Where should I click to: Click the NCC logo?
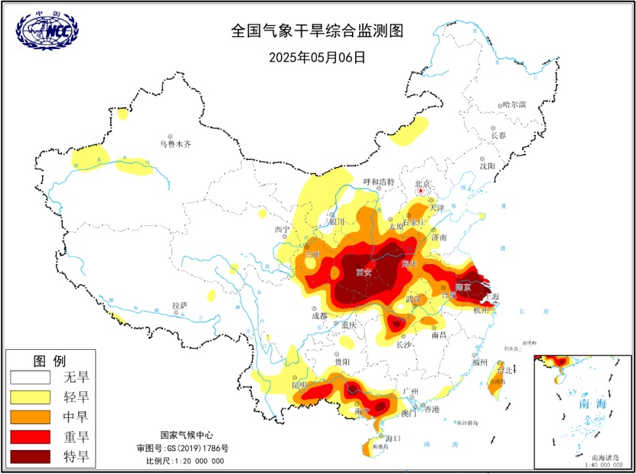click(47, 29)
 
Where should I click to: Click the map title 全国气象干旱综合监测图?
click(317, 31)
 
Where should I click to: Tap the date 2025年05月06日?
click(317, 57)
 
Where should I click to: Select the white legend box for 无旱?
click(32, 378)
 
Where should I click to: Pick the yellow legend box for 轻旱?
click(32, 397)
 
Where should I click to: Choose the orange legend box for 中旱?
click(32, 417)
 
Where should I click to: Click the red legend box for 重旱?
click(32, 437)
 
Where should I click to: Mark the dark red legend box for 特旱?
click(32, 457)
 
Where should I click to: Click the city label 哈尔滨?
click(514, 105)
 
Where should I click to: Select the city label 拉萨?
click(179, 305)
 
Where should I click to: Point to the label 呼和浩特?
click(378, 182)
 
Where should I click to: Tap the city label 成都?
click(318, 315)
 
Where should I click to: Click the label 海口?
click(393, 438)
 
